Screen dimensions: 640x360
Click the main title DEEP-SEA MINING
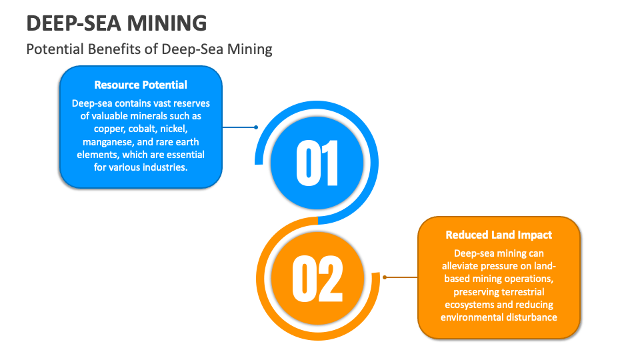click(x=117, y=23)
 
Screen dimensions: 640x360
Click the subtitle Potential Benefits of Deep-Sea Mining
click(x=149, y=49)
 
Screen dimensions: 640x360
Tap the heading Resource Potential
click(x=141, y=85)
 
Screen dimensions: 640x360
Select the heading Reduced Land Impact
click(x=499, y=235)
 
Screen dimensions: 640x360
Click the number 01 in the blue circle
click(x=317, y=162)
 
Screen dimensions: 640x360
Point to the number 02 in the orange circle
click(x=317, y=277)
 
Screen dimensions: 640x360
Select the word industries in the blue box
click(x=167, y=167)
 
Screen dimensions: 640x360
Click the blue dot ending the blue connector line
click(x=256, y=127)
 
